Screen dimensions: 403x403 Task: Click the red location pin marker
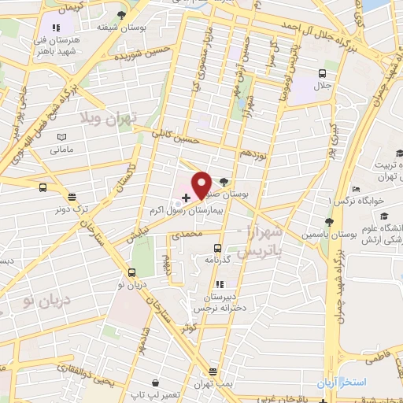click(x=202, y=184)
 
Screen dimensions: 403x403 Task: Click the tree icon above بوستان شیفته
click(x=120, y=14)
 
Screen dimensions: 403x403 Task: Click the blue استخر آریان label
click(x=342, y=383)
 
